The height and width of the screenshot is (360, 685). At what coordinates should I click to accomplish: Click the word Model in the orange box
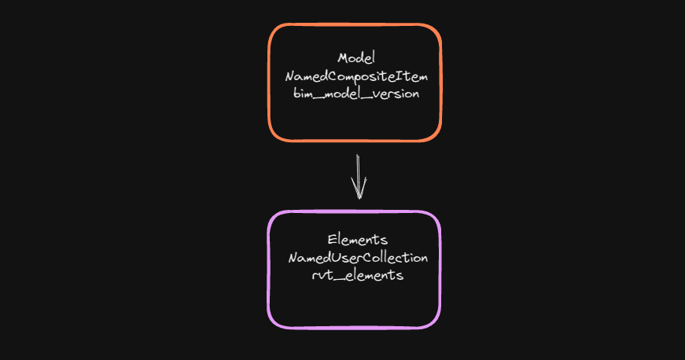(356, 58)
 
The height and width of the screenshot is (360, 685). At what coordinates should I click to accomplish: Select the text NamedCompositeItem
(356, 76)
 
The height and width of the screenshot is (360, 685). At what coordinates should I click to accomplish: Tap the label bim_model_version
(356, 94)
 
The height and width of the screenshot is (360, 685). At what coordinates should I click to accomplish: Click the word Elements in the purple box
(357, 240)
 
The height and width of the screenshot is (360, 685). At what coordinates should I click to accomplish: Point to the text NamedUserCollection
(358, 258)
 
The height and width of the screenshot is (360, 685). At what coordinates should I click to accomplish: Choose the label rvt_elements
(357, 275)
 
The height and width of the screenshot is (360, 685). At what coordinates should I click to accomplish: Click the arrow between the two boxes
(358, 177)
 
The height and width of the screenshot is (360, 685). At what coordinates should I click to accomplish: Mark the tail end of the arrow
(358, 155)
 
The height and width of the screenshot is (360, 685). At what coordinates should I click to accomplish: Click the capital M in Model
(343, 58)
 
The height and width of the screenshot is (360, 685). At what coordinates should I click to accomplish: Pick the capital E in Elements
(332, 240)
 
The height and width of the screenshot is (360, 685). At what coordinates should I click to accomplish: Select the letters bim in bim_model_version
(302, 94)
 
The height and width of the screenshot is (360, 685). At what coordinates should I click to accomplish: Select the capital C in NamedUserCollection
(375, 258)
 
